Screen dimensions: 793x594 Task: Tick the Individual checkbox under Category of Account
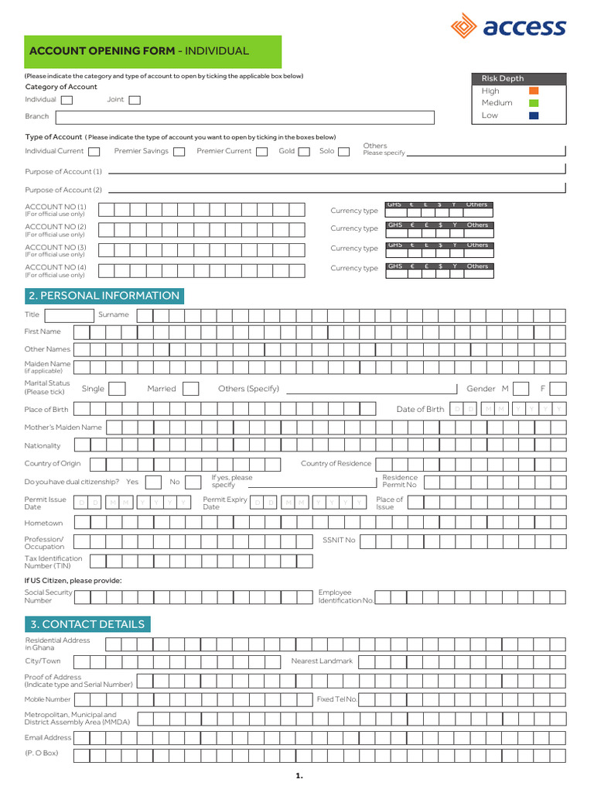click(67, 100)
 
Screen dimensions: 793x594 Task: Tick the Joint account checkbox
click(135, 100)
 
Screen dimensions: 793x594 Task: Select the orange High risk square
click(533, 91)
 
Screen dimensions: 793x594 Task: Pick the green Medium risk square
click(533, 103)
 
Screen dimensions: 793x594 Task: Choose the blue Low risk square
click(533, 115)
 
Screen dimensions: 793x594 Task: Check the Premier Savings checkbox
click(179, 152)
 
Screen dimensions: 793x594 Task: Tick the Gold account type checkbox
click(304, 152)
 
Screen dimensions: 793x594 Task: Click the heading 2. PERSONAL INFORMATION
click(104, 296)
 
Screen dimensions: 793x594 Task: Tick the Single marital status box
click(117, 389)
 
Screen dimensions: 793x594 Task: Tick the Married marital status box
click(190, 389)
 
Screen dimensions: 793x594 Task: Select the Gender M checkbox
click(521, 389)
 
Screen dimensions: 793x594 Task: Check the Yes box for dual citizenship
click(153, 482)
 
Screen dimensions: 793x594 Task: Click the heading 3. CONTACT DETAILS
click(87, 624)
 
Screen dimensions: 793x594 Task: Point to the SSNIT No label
click(339, 541)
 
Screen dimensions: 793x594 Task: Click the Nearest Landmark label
click(322, 661)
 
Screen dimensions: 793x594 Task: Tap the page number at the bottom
click(299, 775)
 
